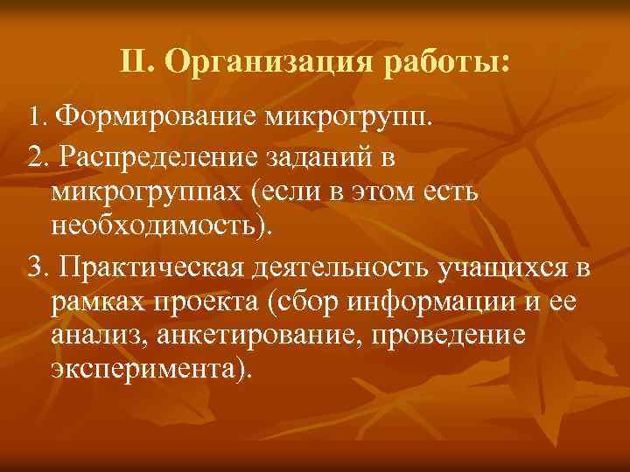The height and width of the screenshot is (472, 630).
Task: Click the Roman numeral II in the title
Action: pos(136,63)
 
